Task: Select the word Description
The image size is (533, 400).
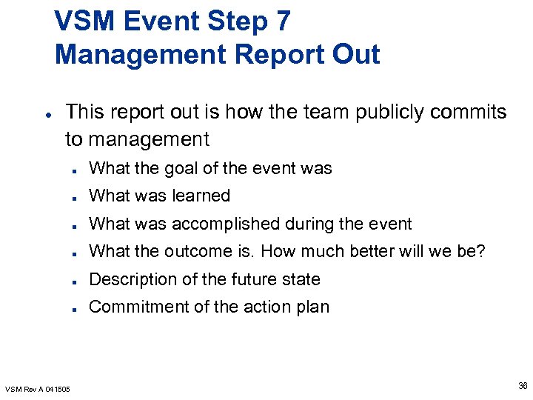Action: [x=132, y=279]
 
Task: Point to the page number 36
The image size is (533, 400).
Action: [x=523, y=384]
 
